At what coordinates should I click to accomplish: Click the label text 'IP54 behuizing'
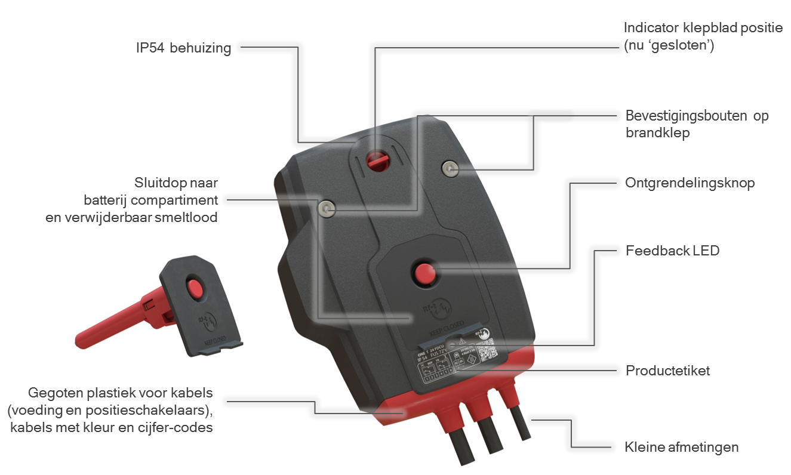pos(183,48)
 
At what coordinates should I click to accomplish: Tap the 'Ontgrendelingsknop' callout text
pos(690,183)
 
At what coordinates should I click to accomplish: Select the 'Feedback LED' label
pos(672,251)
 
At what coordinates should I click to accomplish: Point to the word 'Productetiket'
pos(667,371)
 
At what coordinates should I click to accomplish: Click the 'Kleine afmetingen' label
pos(681,447)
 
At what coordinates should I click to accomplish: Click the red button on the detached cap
pos(195,288)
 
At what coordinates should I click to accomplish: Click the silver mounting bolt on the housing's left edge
pos(326,208)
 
